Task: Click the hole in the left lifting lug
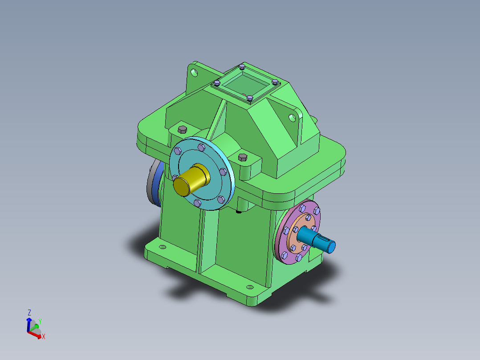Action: [x=194, y=72]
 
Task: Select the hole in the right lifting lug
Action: [x=292, y=118]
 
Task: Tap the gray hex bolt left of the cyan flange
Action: [x=182, y=129]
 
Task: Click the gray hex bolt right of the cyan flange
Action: [x=243, y=157]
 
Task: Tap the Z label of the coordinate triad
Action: [x=29, y=312]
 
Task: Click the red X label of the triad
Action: [x=44, y=337]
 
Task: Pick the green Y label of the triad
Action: [x=40, y=321]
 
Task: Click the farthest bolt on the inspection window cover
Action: [x=242, y=67]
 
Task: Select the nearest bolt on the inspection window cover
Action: [x=250, y=98]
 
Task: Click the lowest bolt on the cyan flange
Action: [x=197, y=203]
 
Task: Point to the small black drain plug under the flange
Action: [x=239, y=211]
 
